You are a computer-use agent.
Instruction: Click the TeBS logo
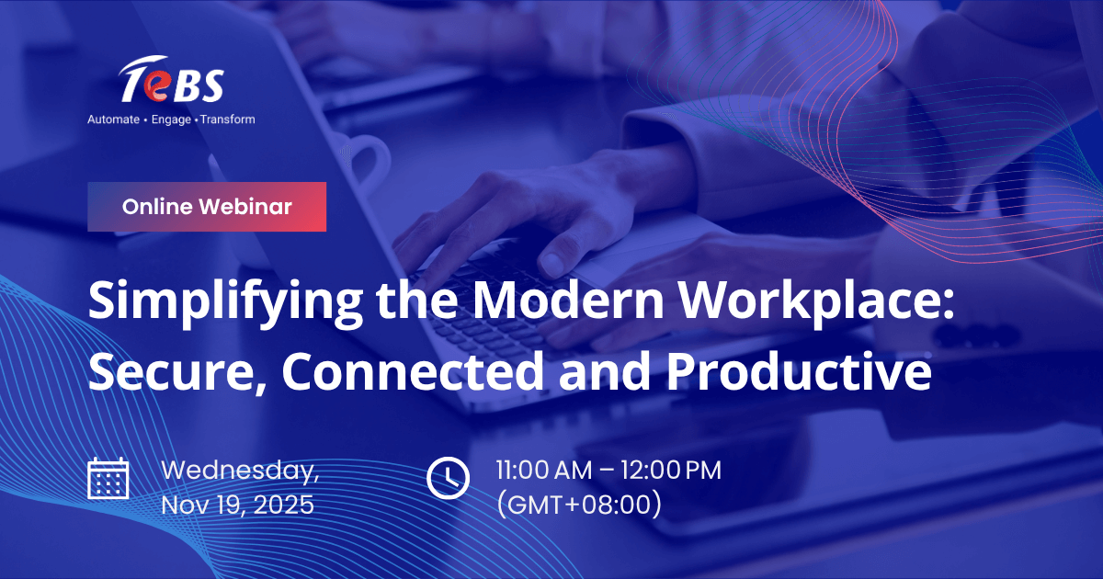tap(171, 83)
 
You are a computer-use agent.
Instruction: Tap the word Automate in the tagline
tap(113, 119)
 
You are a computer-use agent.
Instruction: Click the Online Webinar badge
tap(207, 207)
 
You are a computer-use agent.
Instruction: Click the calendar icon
tap(108, 478)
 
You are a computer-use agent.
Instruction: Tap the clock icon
tap(448, 477)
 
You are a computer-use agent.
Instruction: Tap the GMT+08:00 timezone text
tap(578, 505)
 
